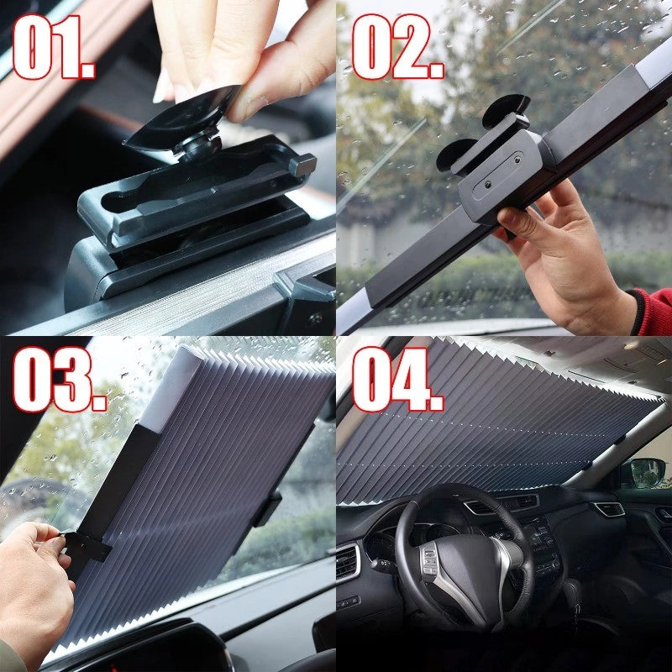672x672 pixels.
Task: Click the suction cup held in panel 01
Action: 181,118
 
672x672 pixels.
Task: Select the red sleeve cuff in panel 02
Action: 654,311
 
